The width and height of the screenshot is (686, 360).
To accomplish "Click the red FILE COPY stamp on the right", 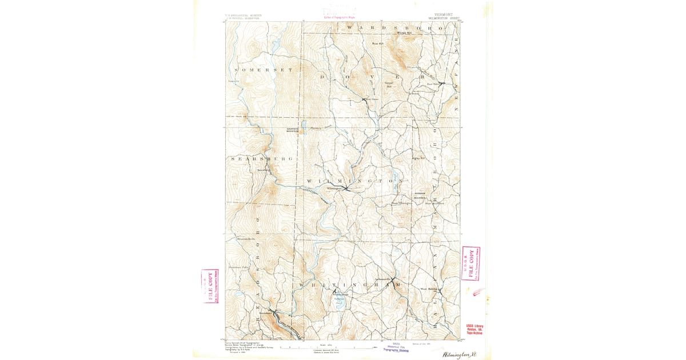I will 470,263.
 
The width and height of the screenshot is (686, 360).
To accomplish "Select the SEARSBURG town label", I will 262,158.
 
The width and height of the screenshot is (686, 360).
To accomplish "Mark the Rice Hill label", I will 377,43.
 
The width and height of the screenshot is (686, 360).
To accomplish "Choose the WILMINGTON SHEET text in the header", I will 444,18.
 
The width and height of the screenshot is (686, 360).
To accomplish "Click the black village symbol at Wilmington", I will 347,189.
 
